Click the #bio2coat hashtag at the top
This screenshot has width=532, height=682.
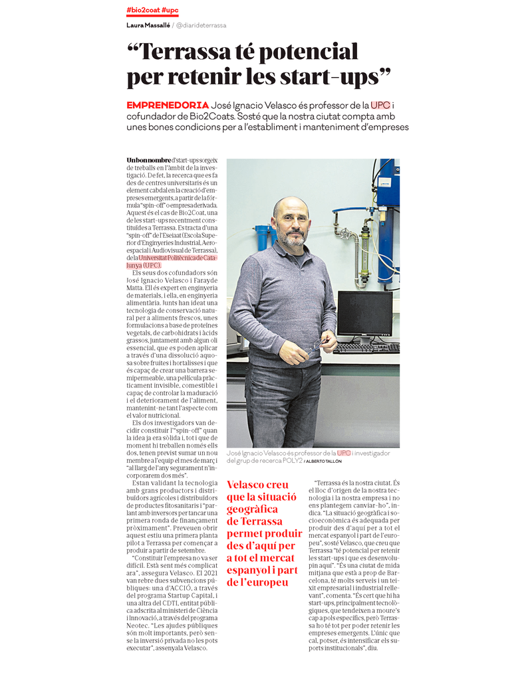pos(142,10)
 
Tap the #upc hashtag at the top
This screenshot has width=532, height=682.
pos(170,10)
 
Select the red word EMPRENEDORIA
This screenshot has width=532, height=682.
pos(168,106)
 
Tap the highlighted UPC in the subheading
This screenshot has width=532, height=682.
pos(380,106)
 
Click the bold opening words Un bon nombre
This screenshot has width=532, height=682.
pos(149,161)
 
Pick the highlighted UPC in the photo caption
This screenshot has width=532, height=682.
pos(344,453)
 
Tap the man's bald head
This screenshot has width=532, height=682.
pos(291,204)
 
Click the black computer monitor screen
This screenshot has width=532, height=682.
pos(364,314)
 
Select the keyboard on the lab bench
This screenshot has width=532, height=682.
pos(366,348)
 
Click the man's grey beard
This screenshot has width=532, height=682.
pos(293,238)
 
